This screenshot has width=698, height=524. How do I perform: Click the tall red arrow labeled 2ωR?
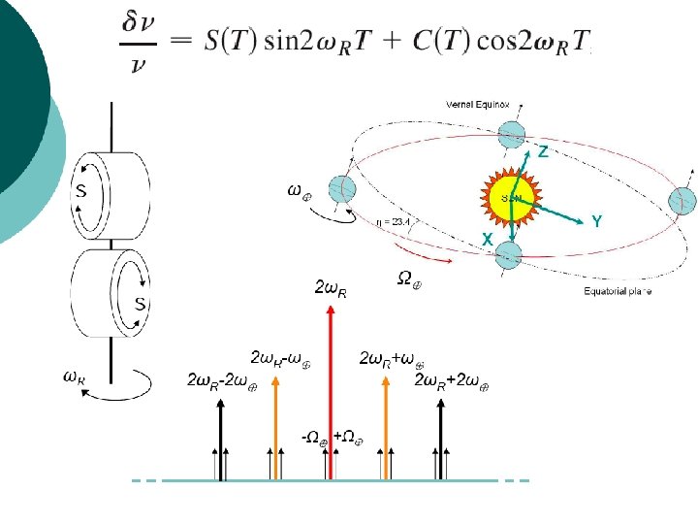pos(332,388)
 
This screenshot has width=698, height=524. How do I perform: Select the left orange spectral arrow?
pos(277,427)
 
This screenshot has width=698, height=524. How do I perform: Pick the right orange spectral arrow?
pos(386,427)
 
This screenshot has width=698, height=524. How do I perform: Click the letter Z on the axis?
pos(544,152)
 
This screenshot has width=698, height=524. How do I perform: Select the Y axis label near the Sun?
pos(597,222)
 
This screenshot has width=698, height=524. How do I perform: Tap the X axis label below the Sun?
pos(488,239)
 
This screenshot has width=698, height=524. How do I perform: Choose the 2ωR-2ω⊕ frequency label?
pos(222,379)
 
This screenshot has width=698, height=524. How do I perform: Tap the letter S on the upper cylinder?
pos(82,191)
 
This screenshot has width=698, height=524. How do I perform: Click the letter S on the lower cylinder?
pos(140,305)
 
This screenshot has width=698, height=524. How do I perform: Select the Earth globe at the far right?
pos(682,201)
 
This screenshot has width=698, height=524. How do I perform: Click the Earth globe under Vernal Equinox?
pos(515,134)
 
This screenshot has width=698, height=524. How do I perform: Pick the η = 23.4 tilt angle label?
pos(396,221)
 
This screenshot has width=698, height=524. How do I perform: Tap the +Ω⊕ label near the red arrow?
pos(349,438)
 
